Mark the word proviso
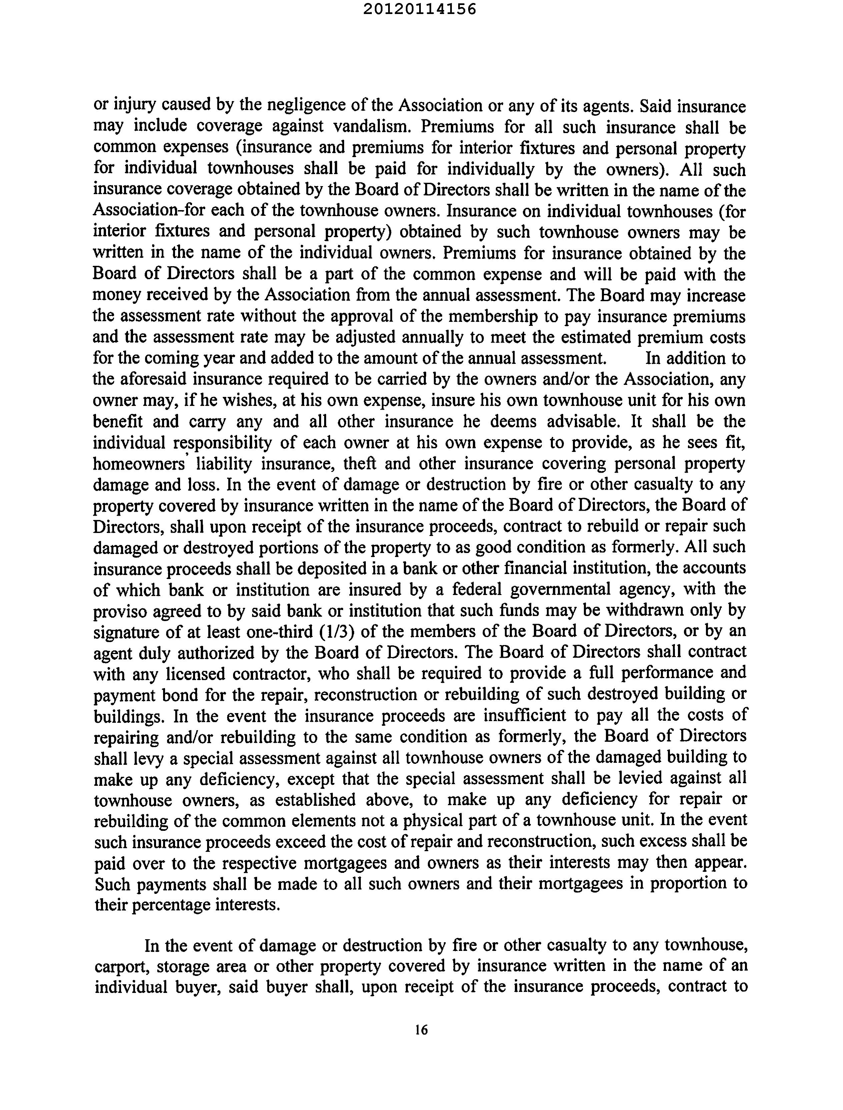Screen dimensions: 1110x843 [x=119, y=611]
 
